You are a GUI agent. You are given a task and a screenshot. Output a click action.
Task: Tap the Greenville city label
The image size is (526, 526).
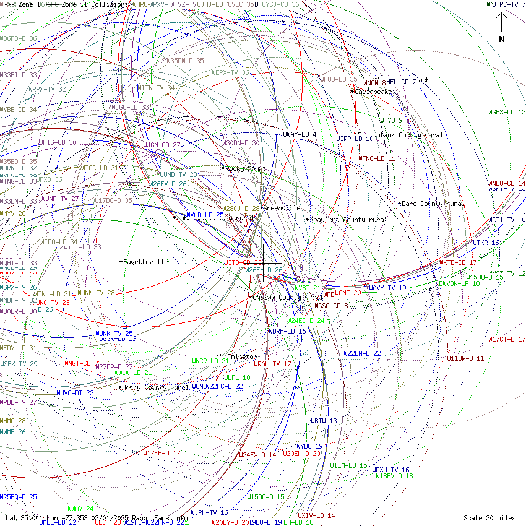pos(282,209)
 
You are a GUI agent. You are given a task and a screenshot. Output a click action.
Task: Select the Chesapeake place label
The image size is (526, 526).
pos(374,92)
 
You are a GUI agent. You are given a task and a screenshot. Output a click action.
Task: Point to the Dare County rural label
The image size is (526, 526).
pos(433,204)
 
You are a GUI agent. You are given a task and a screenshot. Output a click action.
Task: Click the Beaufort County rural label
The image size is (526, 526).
pos(348,220)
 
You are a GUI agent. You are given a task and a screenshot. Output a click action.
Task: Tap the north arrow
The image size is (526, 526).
pos(502,24)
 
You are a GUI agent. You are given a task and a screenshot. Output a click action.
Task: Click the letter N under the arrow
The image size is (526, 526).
pos(502,40)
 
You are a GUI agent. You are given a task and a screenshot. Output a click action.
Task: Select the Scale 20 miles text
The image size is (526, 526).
pos(490,518)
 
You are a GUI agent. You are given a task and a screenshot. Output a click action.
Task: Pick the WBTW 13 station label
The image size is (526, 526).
pos(324,421)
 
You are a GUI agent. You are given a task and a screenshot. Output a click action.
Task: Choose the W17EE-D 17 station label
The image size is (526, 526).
pos(162,453)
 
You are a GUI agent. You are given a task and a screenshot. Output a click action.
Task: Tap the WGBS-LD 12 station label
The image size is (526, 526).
pos(507,113)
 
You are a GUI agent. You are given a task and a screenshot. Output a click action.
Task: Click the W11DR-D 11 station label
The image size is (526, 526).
pos(465,358)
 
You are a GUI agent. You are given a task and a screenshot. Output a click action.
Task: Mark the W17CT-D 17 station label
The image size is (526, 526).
pos(507,339)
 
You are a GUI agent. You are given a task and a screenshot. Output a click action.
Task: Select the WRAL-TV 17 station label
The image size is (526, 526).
pos(272,364)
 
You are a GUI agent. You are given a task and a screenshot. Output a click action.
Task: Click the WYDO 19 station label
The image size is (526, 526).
pos(309,446)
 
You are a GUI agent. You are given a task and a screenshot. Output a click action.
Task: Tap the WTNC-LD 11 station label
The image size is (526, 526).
pos(376,158)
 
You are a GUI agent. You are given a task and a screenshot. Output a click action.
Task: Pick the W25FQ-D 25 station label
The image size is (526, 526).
pos(19,497)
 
